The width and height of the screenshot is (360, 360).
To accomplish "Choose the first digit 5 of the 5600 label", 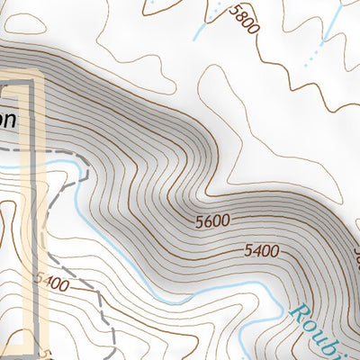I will coord(197,220).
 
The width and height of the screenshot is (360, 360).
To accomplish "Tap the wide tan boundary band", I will coord(27,225).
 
